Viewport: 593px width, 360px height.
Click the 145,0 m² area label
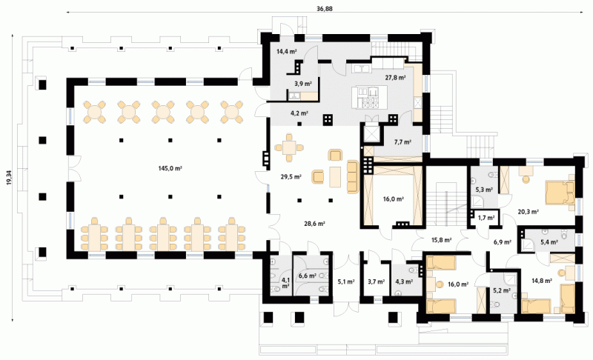171,169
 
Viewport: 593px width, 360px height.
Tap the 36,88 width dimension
325,9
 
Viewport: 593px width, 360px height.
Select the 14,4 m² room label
287,52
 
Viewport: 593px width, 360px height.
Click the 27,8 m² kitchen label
395,77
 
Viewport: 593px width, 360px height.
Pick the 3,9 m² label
302,84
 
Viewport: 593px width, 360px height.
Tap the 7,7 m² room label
402,141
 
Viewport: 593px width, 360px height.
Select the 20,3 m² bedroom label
528,212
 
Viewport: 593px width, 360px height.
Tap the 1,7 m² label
486,218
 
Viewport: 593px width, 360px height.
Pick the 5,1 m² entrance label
346,281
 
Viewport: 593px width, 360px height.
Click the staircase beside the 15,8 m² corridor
447,203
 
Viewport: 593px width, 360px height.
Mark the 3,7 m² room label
377,281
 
